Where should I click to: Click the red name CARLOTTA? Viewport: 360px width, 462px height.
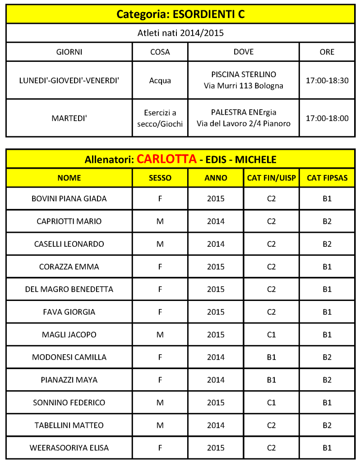click(x=166, y=159)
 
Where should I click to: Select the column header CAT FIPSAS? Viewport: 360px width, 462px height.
click(x=327, y=178)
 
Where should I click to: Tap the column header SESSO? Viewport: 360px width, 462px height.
click(x=160, y=178)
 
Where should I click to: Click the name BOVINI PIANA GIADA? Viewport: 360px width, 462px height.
click(x=69, y=199)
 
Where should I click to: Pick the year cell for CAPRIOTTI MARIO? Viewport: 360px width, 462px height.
click(x=216, y=221)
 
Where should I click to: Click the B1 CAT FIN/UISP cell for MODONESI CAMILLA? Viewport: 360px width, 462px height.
click(x=271, y=357)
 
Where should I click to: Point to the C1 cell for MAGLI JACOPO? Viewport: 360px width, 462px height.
click(x=271, y=334)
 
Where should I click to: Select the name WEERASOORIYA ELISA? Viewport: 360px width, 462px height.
click(x=69, y=448)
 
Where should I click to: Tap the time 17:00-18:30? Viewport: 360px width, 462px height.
click(x=327, y=80)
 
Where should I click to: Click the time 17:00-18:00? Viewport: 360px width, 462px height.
click(x=327, y=118)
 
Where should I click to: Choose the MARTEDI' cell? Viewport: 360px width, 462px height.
click(x=69, y=118)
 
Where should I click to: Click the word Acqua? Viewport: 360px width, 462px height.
click(x=160, y=81)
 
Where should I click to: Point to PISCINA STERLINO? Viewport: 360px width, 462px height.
click(x=244, y=74)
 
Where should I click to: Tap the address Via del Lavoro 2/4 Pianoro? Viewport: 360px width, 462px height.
click(x=244, y=123)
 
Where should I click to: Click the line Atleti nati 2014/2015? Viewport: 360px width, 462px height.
click(x=180, y=32)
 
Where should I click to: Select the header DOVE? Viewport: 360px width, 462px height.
click(x=244, y=52)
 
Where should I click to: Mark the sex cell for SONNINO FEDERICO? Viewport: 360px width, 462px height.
click(x=160, y=402)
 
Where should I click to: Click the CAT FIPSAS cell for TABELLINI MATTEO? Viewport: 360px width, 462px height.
click(x=327, y=425)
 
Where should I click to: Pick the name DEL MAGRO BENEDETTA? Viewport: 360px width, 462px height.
click(x=69, y=289)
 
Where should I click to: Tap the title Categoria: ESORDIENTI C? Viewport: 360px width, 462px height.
click(x=180, y=14)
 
